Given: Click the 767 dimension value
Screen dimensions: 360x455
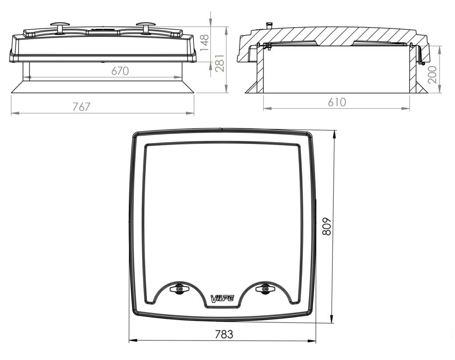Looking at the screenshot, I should [x=81, y=107].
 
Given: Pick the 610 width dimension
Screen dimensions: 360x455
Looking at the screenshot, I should [x=337, y=102].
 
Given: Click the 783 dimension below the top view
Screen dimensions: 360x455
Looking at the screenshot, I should [x=224, y=335].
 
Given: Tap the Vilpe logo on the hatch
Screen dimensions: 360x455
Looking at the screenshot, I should [x=222, y=298].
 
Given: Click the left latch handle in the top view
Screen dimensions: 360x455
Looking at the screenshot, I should [x=179, y=289].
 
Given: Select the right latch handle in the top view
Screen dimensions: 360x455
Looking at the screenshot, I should [x=265, y=289].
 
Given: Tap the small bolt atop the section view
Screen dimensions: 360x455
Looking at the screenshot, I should [x=268, y=25].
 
